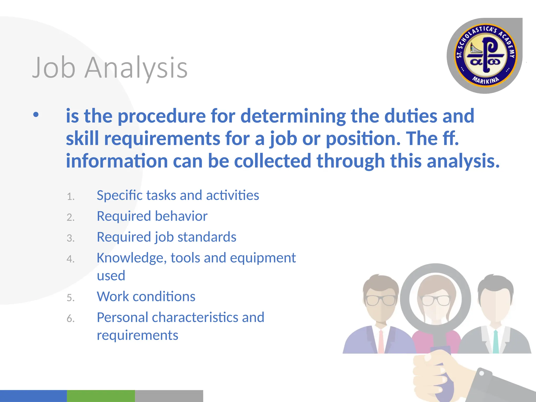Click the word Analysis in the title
[136, 68]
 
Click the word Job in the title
[54, 68]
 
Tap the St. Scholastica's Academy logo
[485, 55]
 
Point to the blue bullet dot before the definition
[36, 115]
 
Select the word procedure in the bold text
[162, 116]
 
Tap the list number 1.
[70, 196]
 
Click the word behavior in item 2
[181, 216]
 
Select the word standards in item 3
[207, 237]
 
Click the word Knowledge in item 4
[132, 258]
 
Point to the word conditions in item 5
[164, 297]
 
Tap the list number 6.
[70, 319]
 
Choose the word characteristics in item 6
[195, 317]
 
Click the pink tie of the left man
[381, 342]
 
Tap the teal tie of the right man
[495, 342]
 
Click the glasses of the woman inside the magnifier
[436, 300]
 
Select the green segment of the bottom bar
[101, 396]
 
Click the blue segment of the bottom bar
[33, 396]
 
